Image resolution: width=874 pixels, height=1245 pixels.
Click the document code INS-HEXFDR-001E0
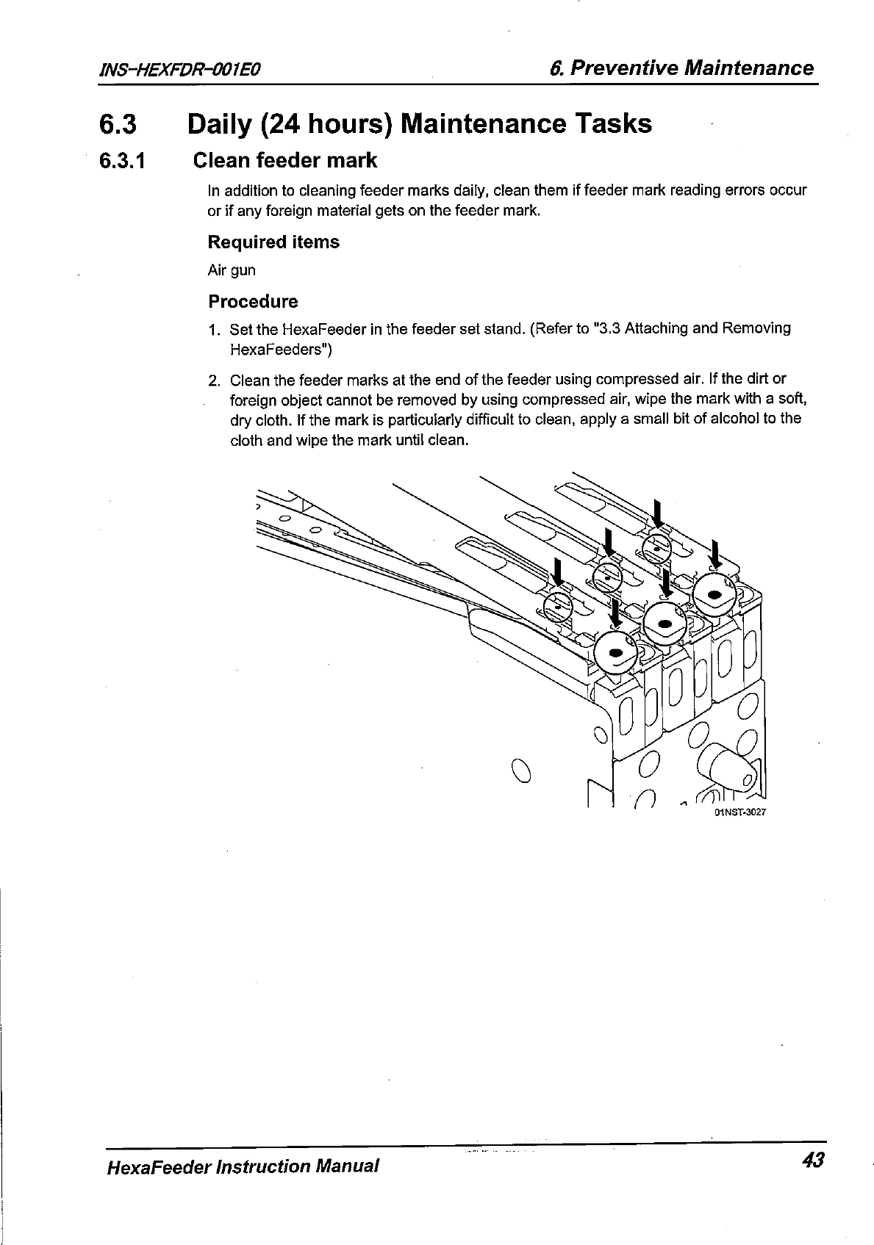[180, 70]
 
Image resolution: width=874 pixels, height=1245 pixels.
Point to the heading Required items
[273, 242]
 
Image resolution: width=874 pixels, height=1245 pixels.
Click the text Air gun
[232, 270]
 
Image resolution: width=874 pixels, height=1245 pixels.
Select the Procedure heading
[253, 302]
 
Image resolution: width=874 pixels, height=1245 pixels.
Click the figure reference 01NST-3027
[741, 813]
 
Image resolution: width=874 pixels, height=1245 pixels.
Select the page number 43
[814, 1160]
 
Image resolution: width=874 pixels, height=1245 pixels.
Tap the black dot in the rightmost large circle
[712, 593]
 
